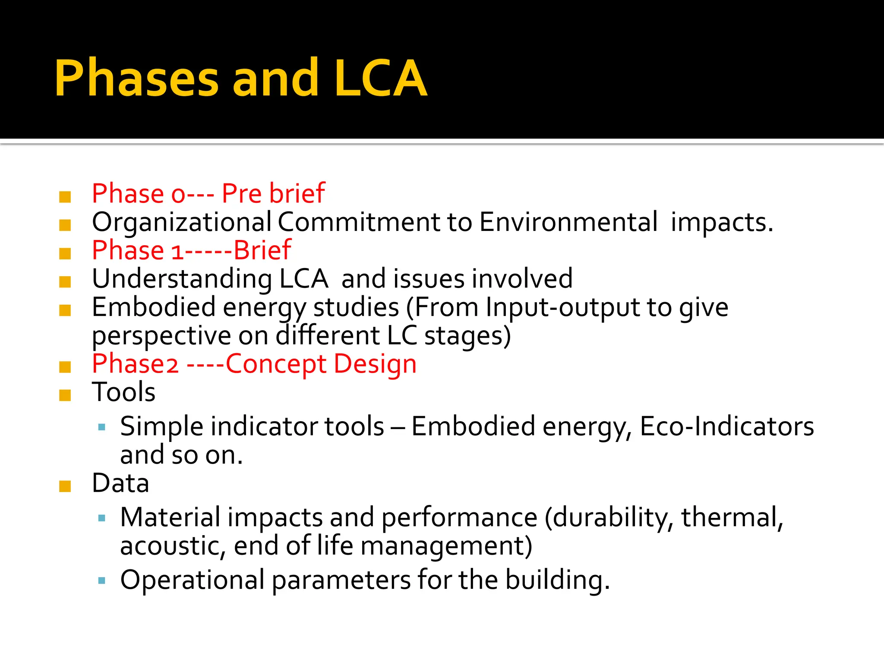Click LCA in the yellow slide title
click(380, 79)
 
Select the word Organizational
click(182, 222)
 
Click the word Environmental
click(568, 222)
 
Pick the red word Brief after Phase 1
click(262, 250)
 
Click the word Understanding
click(182, 279)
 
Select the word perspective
click(161, 336)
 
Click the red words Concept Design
click(321, 364)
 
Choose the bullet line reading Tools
click(123, 392)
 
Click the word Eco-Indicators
click(726, 426)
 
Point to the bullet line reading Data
click(120, 483)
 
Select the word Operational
click(192, 580)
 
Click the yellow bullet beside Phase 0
click(65, 197)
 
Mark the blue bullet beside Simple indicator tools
click(102, 428)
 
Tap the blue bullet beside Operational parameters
click(102, 581)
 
